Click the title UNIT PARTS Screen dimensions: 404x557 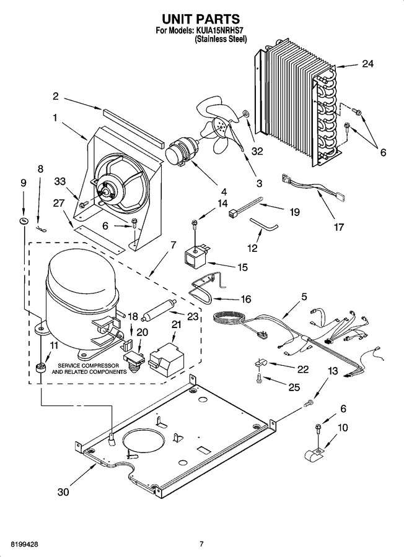pos(201,19)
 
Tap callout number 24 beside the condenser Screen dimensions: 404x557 pos(367,64)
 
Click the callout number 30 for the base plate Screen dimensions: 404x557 pos(63,492)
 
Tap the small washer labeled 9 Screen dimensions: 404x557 pos(24,221)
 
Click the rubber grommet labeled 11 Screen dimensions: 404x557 pos(42,368)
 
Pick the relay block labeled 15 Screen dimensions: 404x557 pos(196,256)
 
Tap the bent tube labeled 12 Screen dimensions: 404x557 pos(263,224)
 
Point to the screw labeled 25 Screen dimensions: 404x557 pos(259,379)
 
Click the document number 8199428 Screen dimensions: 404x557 pos(25,544)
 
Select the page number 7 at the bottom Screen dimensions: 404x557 pos(201,543)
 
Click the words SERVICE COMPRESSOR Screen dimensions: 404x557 pos(89,365)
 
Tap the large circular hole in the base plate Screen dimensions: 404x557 pos(145,439)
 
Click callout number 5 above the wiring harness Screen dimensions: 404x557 pos(304,297)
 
